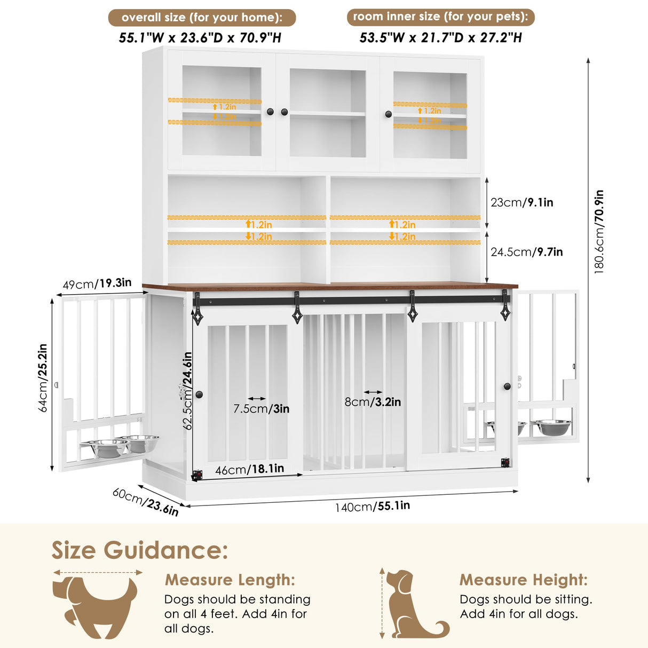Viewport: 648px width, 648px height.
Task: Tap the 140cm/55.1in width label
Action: point(372,506)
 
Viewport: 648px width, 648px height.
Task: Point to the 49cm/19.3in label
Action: point(97,283)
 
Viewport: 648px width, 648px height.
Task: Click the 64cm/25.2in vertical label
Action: point(43,377)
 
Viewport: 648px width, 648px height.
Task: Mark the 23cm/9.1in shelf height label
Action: point(521,202)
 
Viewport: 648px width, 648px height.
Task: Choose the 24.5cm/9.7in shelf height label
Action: point(526,252)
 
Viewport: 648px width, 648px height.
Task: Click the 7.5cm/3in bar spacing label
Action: point(261,409)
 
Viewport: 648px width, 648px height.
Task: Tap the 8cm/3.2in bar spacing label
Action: point(372,402)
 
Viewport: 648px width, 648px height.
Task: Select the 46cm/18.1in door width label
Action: point(249,469)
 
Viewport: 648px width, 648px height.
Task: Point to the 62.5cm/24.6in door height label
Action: point(187,390)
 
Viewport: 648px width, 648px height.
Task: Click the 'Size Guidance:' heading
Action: point(140,550)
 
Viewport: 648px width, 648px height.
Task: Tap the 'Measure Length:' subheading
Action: point(230,580)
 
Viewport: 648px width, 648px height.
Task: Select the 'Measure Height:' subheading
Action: point(523,580)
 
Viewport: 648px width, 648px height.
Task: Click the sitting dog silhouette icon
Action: point(414,604)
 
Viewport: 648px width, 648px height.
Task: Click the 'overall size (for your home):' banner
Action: point(202,17)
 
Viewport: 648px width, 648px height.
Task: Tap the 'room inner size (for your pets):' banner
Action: point(440,17)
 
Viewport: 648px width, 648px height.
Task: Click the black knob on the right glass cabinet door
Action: point(388,114)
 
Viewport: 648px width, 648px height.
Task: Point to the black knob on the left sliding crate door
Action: point(199,394)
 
